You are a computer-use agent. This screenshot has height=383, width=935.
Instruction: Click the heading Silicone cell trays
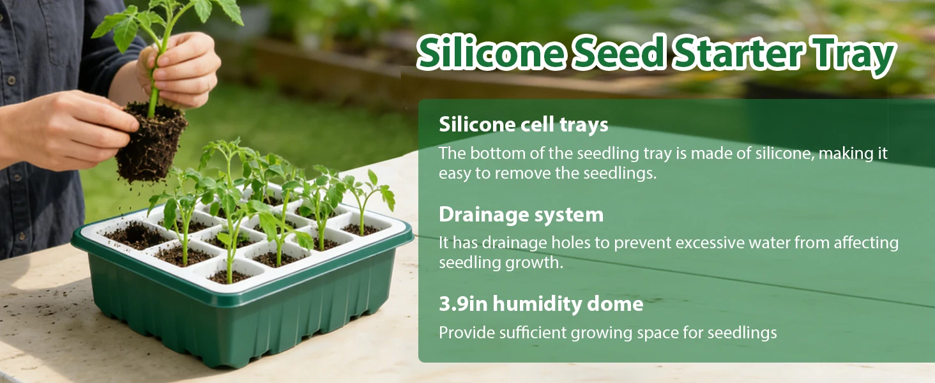[x=523, y=124]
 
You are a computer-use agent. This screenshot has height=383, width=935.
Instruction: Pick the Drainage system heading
[x=521, y=214]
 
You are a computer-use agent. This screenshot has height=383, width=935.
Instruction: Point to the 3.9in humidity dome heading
[x=540, y=304]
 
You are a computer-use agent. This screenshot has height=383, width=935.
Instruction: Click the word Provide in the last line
[x=465, y=333]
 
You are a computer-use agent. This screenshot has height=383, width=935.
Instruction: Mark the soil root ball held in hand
[x=151, y=144]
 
